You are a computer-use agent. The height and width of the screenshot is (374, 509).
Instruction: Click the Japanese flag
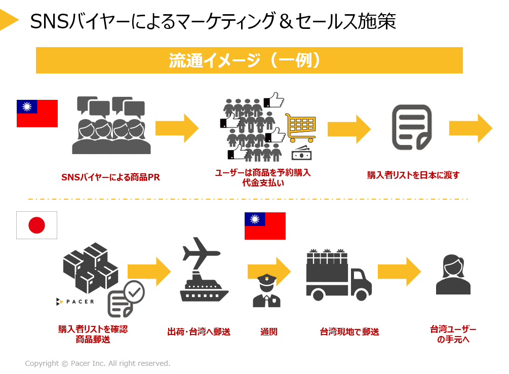(36, 225)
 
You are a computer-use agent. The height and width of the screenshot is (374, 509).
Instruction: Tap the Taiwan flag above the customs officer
(265, 226)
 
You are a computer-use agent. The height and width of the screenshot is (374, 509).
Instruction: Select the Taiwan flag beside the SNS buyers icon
(37, 113)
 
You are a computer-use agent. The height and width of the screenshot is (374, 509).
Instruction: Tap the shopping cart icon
(301, 127)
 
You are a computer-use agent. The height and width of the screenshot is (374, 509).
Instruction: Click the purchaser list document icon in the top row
(412, 127)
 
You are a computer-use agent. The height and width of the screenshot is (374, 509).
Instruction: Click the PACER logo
(75, 302)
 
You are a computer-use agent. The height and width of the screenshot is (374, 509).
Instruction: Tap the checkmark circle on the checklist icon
(134, 291)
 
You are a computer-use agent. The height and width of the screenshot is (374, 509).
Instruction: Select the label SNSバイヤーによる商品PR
(110, 177)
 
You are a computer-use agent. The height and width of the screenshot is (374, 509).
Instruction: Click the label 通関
(269, 332)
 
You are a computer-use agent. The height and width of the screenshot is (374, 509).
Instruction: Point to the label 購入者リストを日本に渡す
(413, 175)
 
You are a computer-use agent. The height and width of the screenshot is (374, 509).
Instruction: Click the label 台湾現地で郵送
(349, 332)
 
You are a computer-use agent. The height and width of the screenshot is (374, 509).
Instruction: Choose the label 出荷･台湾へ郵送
(199, 332)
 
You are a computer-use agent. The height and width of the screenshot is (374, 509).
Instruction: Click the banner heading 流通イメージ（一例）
(249, 60)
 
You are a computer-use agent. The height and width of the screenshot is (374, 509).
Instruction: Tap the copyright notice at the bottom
(98, 363)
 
